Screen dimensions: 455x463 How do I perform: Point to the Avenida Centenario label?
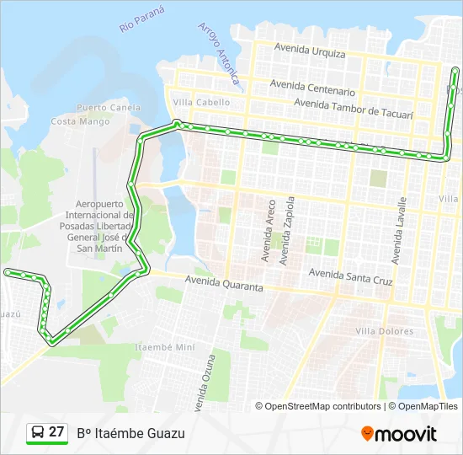[x=312, y=87]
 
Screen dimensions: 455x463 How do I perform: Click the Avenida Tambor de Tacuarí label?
[x=354, y=107]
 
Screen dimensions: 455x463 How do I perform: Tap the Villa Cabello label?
[x=201, y=103]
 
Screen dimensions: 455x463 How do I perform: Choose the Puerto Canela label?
[x=109, y=108]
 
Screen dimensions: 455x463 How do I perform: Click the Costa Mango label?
[x=80, y=121]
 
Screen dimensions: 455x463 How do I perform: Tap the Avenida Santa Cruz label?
[x=351, y=274]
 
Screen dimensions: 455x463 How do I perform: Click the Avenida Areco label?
[x=270, y=231]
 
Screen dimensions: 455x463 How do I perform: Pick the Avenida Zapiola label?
[x=290, y=227]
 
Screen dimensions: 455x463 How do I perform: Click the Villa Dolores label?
[x=385, y=331]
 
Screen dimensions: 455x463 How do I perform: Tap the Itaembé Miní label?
[x=165, y=347]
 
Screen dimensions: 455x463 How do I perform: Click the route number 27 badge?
[x=46, y=432]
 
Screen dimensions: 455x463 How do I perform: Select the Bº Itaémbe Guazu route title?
[x=130, y=433]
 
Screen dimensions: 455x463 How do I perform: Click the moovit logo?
[x=399, y=434]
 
